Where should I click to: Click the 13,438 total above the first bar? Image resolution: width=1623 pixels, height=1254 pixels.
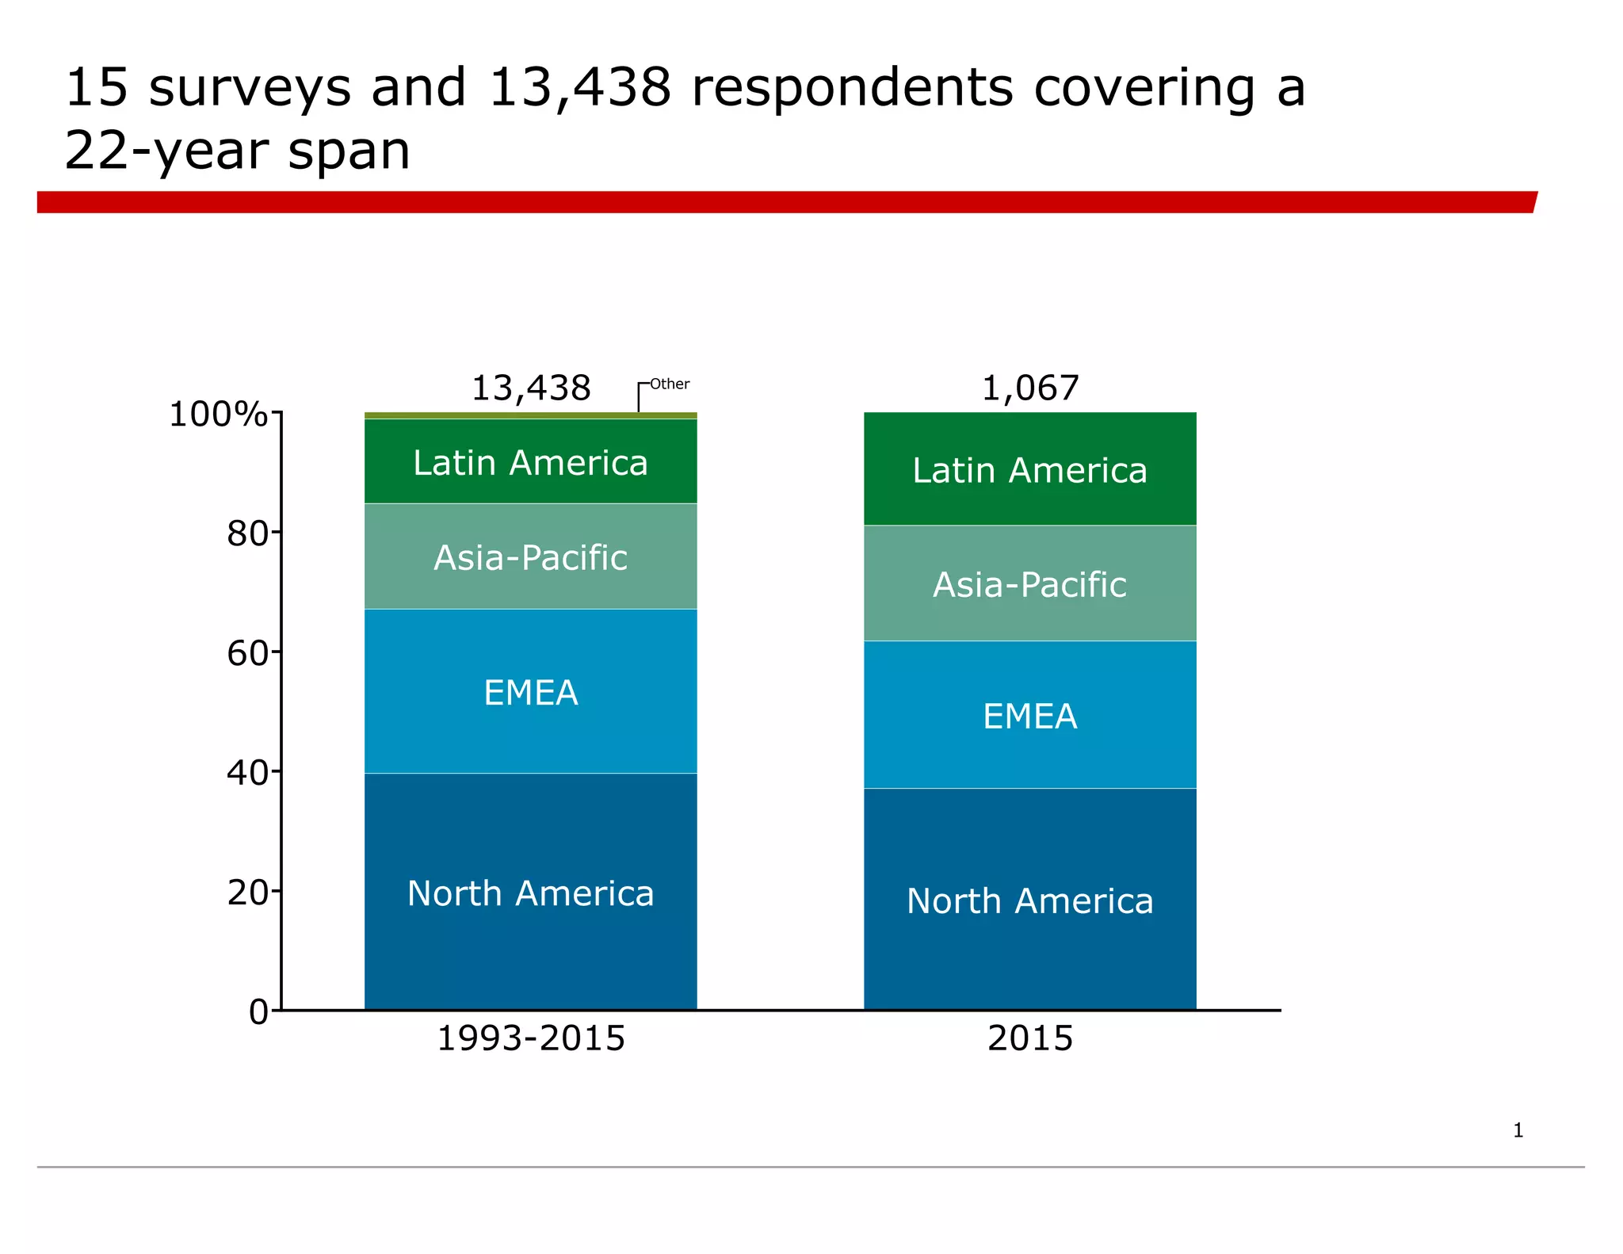coord(530,388)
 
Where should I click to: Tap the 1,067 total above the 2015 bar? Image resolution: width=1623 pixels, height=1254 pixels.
coord(1029,388)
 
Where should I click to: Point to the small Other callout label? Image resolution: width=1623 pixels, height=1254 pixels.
coord(670,384)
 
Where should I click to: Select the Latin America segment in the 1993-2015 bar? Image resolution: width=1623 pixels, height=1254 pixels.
coord(530,462)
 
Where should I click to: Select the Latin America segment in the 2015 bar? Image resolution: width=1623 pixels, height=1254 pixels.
coord(1029,470)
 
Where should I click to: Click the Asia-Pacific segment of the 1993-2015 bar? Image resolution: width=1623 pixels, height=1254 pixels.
coord(530,557)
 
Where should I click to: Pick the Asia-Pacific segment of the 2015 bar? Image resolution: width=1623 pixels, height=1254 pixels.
coord(1029,584)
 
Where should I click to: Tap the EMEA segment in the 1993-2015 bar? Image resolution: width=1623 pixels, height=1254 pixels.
coord(530,692)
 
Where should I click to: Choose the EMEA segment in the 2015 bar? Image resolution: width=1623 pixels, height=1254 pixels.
coord(1029,716)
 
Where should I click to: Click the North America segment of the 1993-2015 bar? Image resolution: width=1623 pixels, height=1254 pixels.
coord(530,893)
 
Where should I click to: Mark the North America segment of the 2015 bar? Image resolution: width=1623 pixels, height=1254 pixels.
coord(1029,900)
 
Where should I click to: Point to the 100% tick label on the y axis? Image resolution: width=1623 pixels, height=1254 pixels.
coord(218,414)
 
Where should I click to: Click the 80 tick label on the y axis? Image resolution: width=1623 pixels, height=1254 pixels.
coord(247,533)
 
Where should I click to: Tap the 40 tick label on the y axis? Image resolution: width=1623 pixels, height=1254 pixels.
coord(247,773)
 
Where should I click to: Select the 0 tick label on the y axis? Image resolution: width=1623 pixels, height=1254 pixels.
coord(258,1012)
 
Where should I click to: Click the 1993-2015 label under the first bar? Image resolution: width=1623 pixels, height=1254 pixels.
coord(530,1038)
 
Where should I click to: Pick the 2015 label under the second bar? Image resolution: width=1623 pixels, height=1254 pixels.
coord(1029,1038)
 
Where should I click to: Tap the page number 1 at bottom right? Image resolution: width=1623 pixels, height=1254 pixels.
coord(1518,1130)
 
